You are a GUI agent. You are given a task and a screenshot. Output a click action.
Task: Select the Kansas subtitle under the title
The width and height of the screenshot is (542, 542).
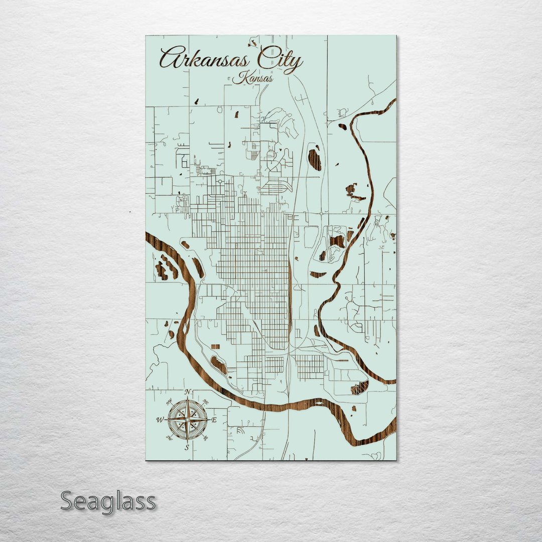tap(253, 78)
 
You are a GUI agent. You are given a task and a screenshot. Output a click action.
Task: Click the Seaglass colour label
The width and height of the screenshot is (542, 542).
tap(108, 501)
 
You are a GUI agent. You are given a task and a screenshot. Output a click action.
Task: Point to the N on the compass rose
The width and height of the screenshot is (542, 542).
tap(187, 392)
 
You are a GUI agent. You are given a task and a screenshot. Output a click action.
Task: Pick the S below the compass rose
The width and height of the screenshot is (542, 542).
tap(187, 447)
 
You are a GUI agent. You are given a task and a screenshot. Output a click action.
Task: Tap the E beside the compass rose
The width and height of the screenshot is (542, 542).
tap(214, 420)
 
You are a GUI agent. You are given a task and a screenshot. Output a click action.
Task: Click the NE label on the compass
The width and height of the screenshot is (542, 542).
tap(205, 402)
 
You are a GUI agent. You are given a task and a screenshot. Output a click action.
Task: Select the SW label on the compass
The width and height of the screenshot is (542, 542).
tap(169, 438)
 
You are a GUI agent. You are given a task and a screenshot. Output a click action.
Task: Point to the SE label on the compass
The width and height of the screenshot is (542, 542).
tap(205, 438)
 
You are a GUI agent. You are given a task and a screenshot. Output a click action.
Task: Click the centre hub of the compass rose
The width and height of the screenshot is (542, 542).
tap(187, 420)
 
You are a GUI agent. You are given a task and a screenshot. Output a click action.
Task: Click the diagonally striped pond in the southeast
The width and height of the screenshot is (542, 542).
tap(360, 387)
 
